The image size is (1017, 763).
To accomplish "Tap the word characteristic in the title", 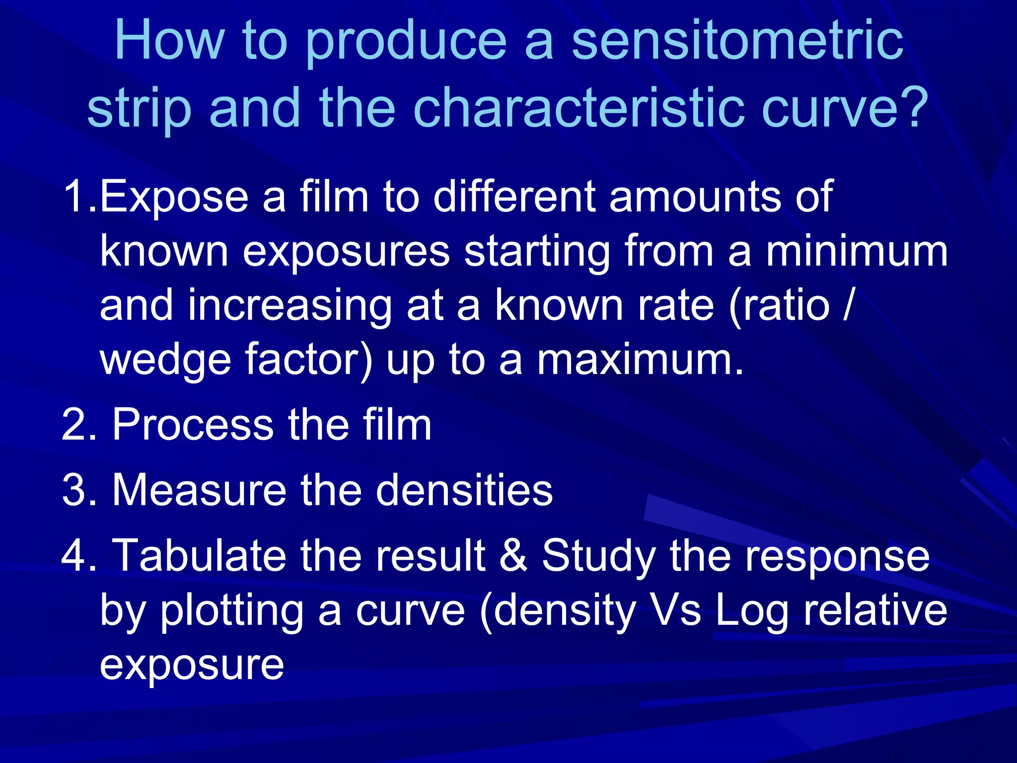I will tap(579, 107).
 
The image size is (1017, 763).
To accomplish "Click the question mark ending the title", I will tap(913, 107).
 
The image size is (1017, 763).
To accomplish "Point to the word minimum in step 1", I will tap(856, 251).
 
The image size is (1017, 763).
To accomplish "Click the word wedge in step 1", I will tap(165, 360).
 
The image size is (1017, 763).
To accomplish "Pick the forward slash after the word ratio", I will tap(848, 305).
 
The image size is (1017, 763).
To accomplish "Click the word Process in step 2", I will tap(193, 425).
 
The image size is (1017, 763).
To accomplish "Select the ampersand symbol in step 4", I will tap(513, 555).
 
